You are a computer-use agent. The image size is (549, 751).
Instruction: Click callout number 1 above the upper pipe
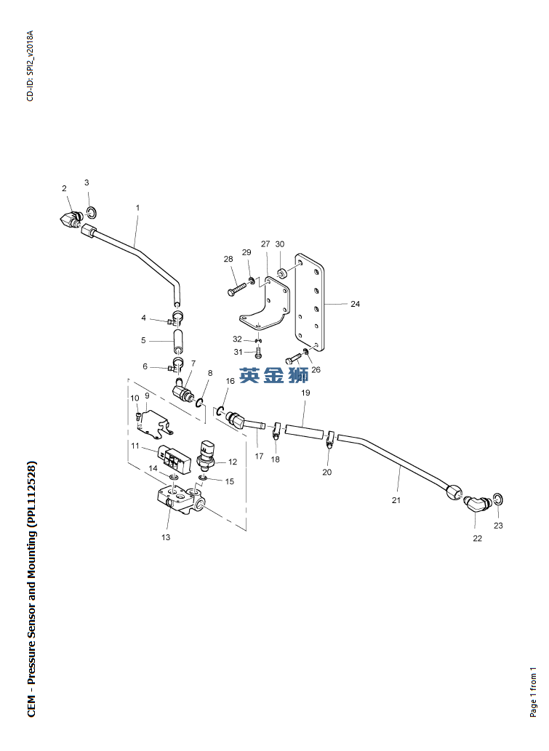click(137, 208)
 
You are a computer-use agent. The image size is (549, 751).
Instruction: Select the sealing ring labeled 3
click(92, 212)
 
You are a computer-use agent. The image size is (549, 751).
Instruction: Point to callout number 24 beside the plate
click(355, 304)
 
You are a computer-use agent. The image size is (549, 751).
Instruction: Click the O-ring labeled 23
click(497, 499)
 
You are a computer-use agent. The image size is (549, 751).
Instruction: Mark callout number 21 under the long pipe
click(396, 500)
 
